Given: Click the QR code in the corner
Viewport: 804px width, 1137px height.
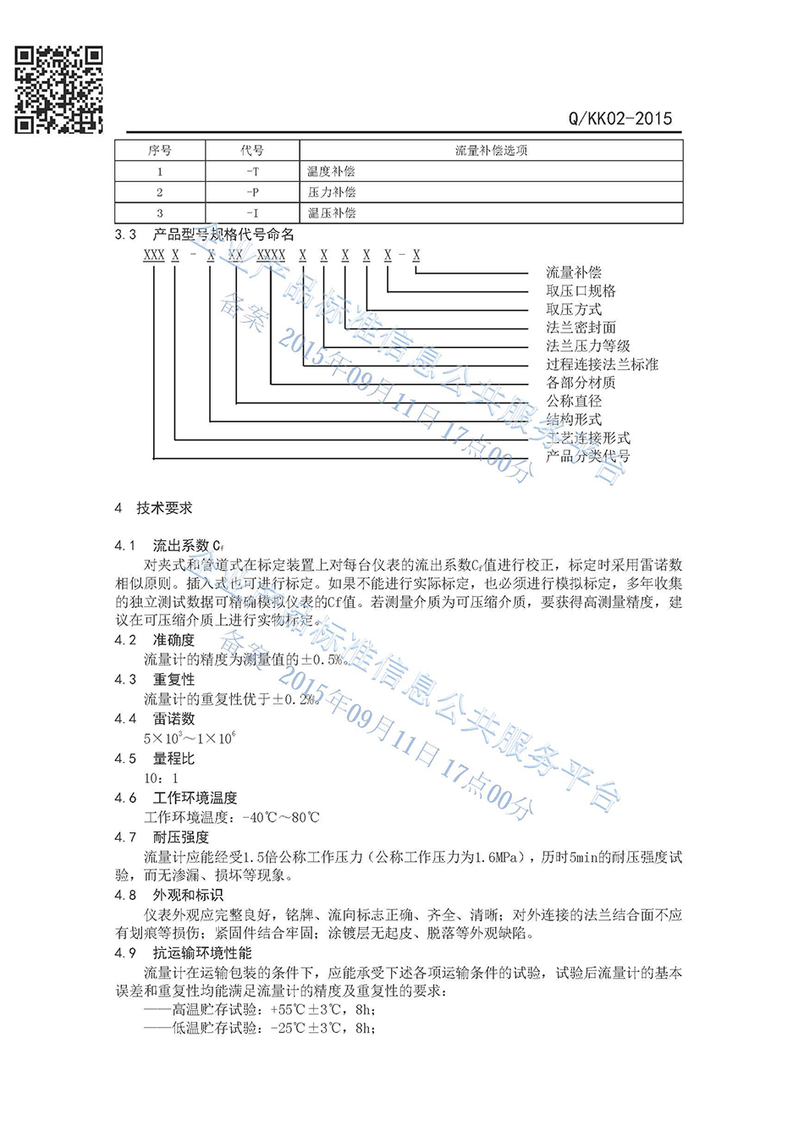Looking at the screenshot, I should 59,90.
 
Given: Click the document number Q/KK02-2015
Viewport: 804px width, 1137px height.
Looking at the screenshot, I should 620,119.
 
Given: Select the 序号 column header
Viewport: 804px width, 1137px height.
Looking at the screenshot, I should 160,151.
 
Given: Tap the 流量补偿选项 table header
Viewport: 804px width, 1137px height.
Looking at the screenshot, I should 491,151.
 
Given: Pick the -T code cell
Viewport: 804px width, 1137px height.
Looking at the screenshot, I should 252,172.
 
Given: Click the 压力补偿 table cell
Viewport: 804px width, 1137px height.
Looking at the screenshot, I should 332,192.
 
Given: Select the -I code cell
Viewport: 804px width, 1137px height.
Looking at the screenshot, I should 252,213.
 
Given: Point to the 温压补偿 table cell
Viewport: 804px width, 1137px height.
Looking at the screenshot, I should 332,213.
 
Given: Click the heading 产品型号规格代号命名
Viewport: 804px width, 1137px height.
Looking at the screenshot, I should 223,235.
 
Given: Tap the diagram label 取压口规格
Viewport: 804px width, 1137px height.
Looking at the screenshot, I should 581,290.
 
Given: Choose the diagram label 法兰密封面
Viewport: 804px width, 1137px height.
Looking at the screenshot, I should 581,328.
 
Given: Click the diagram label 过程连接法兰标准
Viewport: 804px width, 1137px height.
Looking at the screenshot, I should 602,364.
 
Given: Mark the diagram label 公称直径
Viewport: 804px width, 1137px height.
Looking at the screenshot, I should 574,401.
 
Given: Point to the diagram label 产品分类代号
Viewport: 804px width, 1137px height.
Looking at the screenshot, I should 587,456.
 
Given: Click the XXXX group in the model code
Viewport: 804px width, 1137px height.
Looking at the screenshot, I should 271,255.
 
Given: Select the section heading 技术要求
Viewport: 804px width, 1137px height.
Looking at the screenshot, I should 164,508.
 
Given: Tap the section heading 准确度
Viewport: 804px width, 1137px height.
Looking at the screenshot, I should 173,640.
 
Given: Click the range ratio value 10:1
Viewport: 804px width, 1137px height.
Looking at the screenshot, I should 161,778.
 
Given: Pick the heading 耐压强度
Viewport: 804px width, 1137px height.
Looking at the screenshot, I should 180,837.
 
